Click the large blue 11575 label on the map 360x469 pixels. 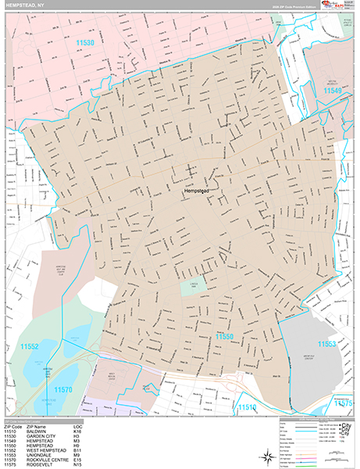point(343,403)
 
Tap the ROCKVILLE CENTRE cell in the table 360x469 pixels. point(51,458)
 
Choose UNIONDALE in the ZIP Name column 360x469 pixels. point(41,453)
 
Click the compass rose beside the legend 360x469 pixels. point(344,452)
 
